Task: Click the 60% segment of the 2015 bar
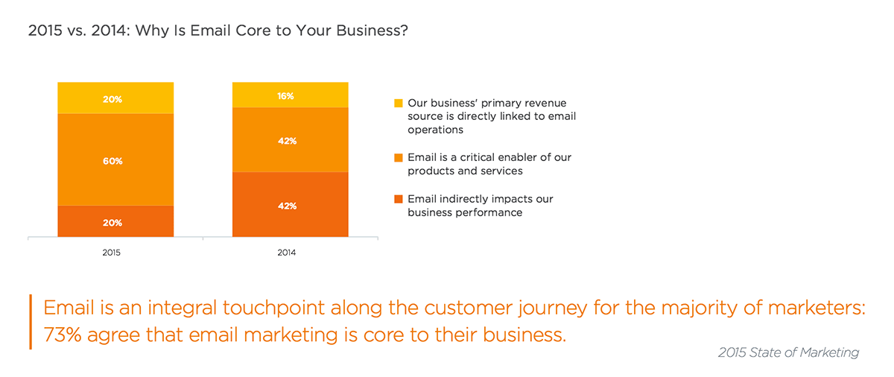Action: [x=115, y=159]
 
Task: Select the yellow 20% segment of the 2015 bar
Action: [x=115, y=98]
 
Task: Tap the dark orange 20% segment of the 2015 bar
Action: [x=115, y=221]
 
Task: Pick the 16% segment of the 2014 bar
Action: [x=290, y=95]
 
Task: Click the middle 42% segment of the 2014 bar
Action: [x=290, y=139]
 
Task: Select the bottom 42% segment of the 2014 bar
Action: [x=290, y=204]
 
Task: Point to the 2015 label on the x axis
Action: [x=111, y=253]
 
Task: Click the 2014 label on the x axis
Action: [x=287, y=253]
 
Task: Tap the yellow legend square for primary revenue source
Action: [x=399, y=104]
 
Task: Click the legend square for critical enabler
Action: [x=399, y=158]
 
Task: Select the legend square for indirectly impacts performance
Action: [x=399, y=199]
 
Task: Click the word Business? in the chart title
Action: [x=372, y=31]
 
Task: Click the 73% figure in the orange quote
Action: [x=63, y=335]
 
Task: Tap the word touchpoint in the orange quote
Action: [x=273, y=308]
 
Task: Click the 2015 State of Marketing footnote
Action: [x=788, y=352]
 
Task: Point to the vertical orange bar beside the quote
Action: [x=31, y=322]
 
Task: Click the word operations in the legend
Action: [x=435, y=130]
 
